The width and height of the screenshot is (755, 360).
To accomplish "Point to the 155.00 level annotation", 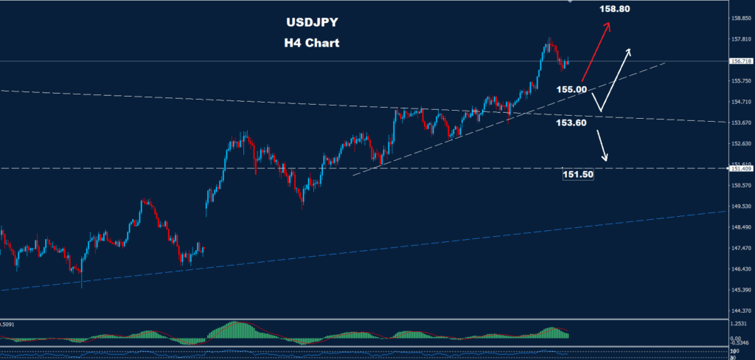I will click(x=571, y=89).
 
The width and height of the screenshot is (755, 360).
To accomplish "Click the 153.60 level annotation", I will click(x=571, y=123).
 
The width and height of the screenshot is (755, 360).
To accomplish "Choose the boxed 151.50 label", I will click(x=578, y=174).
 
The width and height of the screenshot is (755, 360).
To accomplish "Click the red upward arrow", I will click(x=596, y=51).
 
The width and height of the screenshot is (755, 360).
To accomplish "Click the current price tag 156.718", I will click(x=740, y=61).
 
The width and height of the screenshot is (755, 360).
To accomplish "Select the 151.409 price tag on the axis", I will click(x=740, y=169).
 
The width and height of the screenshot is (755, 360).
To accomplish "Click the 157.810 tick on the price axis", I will click(x=740, y=39).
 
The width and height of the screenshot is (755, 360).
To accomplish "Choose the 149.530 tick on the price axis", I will click(x=740, y=207).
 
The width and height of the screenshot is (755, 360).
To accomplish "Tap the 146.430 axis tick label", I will click(x=740, y=269).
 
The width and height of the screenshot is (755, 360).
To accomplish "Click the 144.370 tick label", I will click(x=740, y=311).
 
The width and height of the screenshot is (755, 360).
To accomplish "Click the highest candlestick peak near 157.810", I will click(x=549, y=39).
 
